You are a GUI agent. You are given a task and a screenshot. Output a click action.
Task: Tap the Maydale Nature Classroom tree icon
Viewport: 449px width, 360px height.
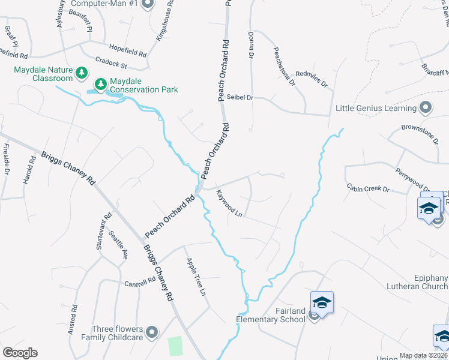coord(82,73)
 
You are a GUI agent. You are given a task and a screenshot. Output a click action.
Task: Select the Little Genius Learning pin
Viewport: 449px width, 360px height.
coord(426,108)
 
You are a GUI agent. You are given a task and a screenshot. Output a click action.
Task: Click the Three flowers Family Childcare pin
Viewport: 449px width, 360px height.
coord(151,332)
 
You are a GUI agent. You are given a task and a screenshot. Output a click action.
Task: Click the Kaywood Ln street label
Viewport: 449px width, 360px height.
coord(229,205)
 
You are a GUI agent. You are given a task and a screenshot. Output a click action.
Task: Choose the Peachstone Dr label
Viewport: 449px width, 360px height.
coord(284,67)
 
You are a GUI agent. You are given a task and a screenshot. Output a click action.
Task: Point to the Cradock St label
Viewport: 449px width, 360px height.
coord(111,62)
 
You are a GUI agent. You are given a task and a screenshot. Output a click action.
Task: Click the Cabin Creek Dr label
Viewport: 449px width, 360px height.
coord(368,188)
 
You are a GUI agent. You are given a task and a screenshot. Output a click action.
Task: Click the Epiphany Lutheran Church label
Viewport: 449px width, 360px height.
coord(423,283)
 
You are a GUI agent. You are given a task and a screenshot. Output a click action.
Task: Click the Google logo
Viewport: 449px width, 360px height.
coord(20,353)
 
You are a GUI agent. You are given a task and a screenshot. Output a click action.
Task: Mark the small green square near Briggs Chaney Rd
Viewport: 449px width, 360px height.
coord(175,346)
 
